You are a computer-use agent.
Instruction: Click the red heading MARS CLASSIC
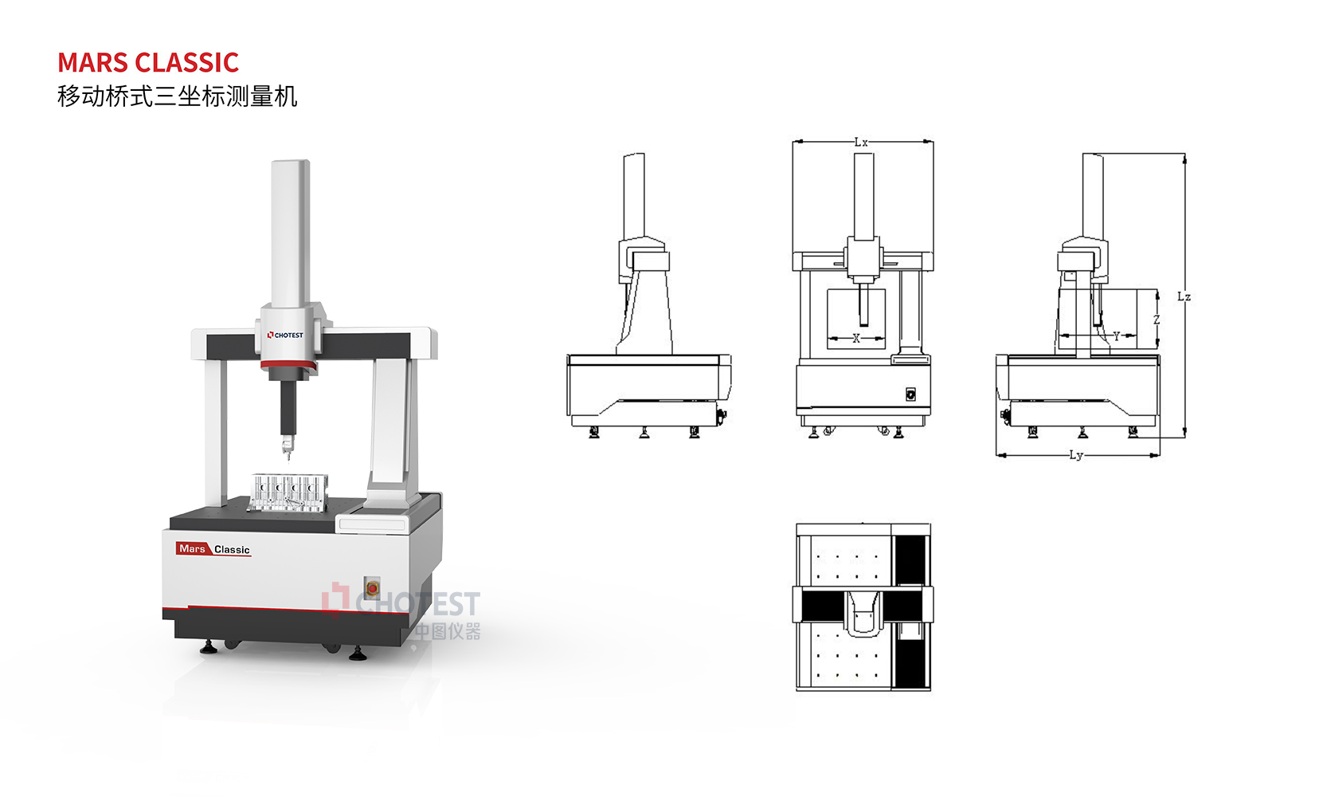[148, 62]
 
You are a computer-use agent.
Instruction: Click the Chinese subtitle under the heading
[178, 96]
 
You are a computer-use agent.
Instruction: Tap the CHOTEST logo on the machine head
[286, 336]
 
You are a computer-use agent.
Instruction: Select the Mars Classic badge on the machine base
[213, 549]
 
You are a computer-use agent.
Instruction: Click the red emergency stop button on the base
[372, 587]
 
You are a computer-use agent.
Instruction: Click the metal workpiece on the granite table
[288, 491]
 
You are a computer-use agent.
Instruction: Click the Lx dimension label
[861, 142]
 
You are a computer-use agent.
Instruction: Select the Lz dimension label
[1184, 297]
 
